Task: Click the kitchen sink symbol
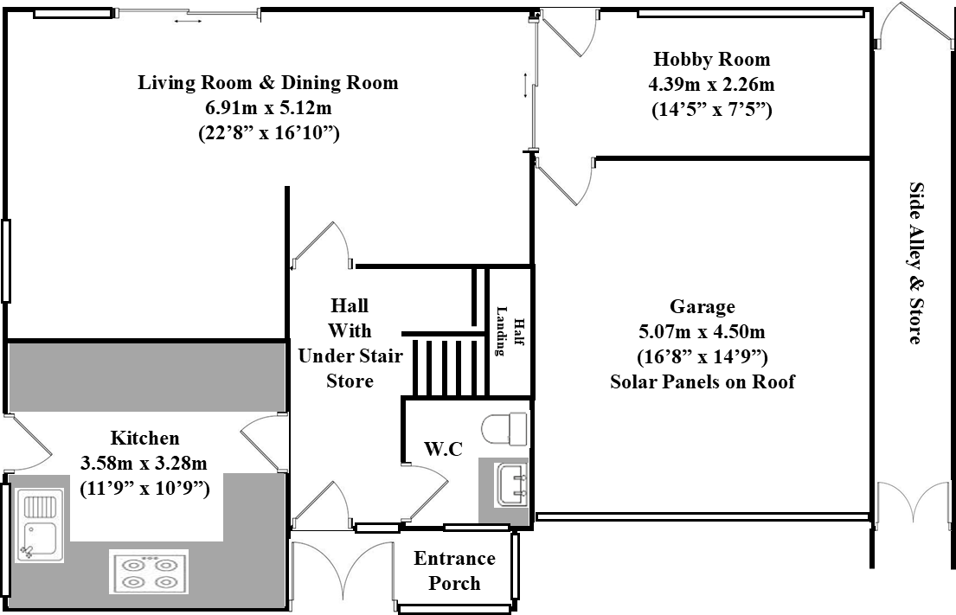[39, 526]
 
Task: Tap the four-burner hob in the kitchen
[149, 572]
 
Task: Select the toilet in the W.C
[504, 427]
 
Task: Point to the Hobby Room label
[711, 60]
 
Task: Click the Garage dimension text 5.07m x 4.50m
[702, 331]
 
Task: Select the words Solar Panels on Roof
[702, 381]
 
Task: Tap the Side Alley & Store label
[914, 263]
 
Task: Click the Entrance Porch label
[454, 571]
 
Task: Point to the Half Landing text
[510, 330]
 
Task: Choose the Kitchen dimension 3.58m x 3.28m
[144, 463]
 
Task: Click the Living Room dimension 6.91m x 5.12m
[268, 108]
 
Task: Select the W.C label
[442, 449]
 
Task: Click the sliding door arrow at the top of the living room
[183, 20]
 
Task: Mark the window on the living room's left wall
[5, 260]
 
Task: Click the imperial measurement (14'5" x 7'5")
[711, 110]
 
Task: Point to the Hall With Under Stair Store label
[350, 343]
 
